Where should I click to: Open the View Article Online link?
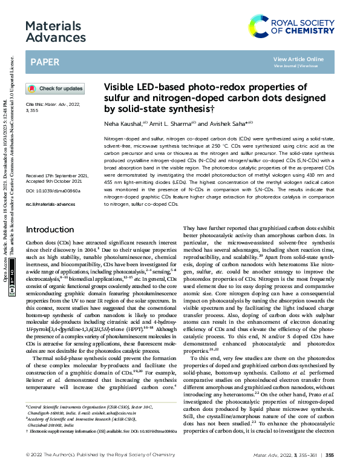(298, 59)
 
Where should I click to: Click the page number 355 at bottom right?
(330, 454)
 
